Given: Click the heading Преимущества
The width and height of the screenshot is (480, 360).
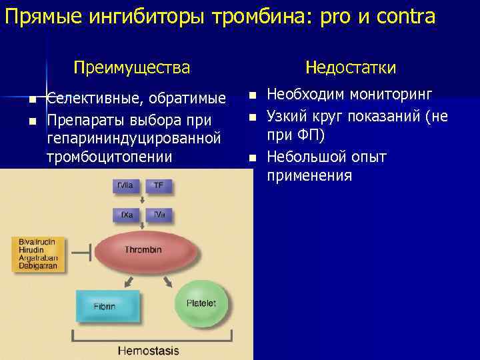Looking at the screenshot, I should [x=131, y=67].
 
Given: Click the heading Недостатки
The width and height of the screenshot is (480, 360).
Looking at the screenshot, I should [x=351, y=67].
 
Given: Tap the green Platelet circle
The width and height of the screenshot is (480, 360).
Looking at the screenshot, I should [x=201, y=304].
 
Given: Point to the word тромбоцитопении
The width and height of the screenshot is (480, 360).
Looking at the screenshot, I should [x=110, y=157].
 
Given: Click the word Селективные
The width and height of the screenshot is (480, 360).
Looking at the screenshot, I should [x=93, y=99].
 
